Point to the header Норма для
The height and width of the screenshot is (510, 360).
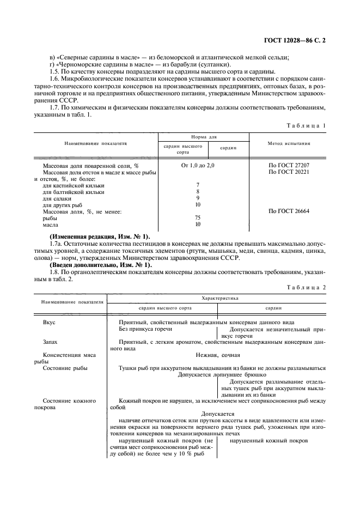[x=203, y=138]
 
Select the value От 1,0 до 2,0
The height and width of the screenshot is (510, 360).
[x=198, y=165]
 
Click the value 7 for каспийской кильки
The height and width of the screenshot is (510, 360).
[x=198, y=185]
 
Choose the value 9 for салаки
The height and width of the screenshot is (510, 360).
[x=198, y=198]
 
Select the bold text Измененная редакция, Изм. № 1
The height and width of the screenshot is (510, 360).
[x=99, y=236]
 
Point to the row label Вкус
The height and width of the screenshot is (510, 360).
[x=49, y=323]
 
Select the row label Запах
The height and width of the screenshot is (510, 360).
[x=51, y=342]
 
